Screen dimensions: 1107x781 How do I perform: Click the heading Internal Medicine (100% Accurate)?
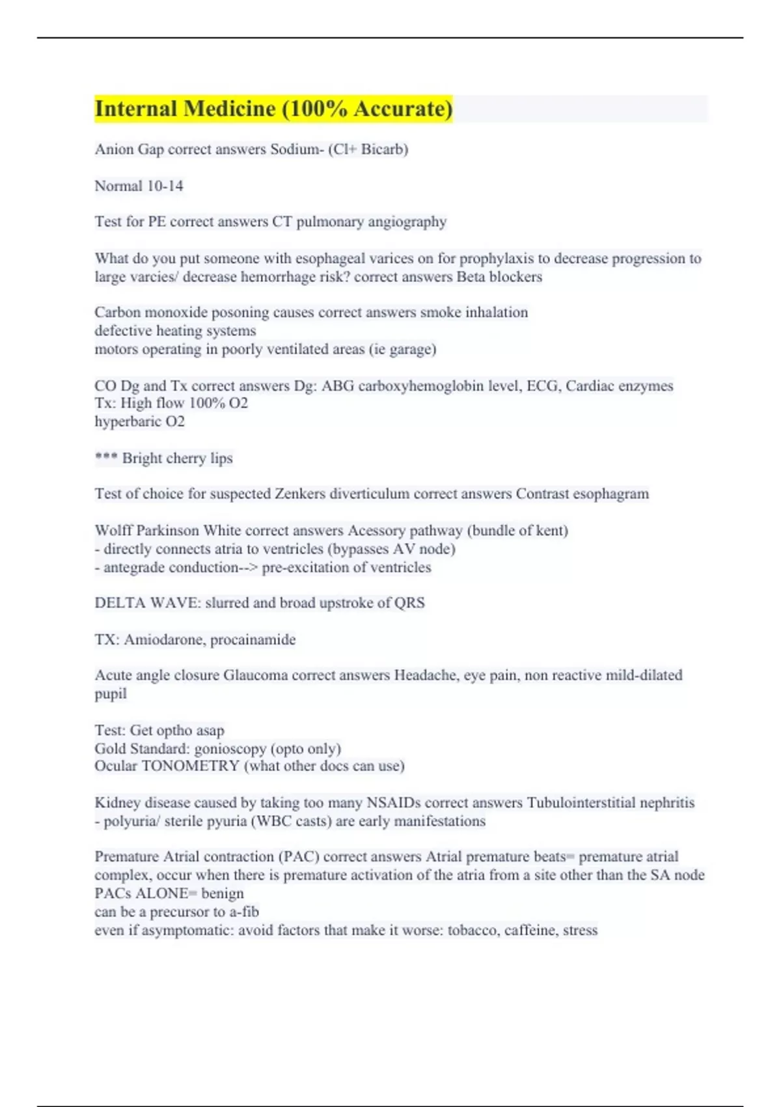click(x=273, y=109)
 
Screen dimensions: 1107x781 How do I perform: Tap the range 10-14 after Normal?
click(x=165, y=186)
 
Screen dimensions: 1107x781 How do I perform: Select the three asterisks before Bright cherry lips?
click(x=105, y=457)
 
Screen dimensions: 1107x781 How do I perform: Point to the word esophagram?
click(x=610, y=494)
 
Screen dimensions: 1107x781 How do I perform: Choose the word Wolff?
click(x=113, y=531)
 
